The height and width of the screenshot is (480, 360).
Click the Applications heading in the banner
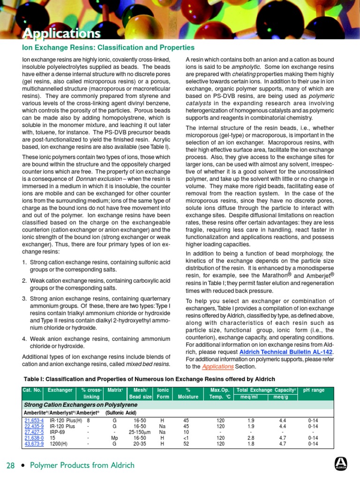coord(62,34)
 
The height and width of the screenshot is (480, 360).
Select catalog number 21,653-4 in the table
coord(34,420)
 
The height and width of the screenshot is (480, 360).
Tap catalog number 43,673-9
coord(34,443)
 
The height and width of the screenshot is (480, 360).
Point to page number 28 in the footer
coord(11,465)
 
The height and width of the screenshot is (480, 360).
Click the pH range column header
coord(314,390)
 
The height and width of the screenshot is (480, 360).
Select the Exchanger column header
coord(60,390)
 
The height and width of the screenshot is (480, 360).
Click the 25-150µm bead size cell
coord(140,432)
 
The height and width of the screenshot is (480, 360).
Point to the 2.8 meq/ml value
coord(251,437)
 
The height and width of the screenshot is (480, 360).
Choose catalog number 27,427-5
coord(34,432)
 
